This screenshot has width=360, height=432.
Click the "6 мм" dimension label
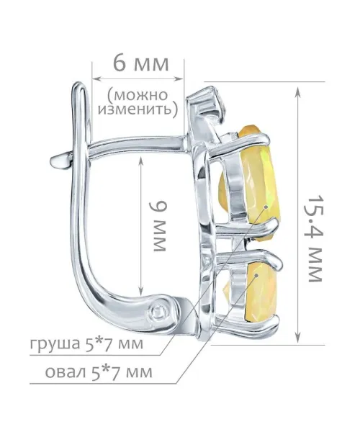click(x=140, y=64)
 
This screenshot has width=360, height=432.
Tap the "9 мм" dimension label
click(x=158, y=226)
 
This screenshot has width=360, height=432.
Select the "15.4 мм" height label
click(x=315, y=238)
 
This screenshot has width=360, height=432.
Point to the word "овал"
click(x=66, y=372)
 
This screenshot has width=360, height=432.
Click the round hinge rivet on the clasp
click(x=159, y=312)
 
